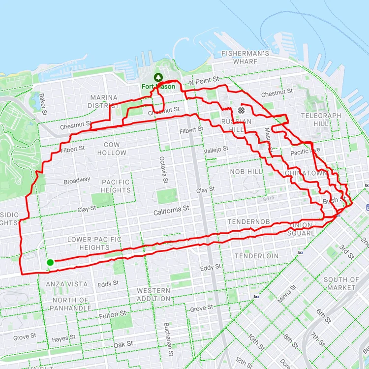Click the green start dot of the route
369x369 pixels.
(x=50, y=262)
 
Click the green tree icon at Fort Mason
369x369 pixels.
(x=158, y=77)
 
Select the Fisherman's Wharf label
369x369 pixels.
(x=245, y=57)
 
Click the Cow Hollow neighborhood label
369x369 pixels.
(x=115, y=149)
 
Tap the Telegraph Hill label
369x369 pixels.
(x=321, y=120)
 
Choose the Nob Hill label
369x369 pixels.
(x=246, y=171)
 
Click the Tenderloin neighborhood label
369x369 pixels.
(x=256, y=256)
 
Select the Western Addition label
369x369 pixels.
(x=154, y=295)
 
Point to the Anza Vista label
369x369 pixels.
(x=67, y=284)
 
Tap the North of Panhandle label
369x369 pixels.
(x=71, y=304)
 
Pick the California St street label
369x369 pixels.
(x=171, y=209)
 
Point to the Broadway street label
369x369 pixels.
(x=77, y=181)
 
